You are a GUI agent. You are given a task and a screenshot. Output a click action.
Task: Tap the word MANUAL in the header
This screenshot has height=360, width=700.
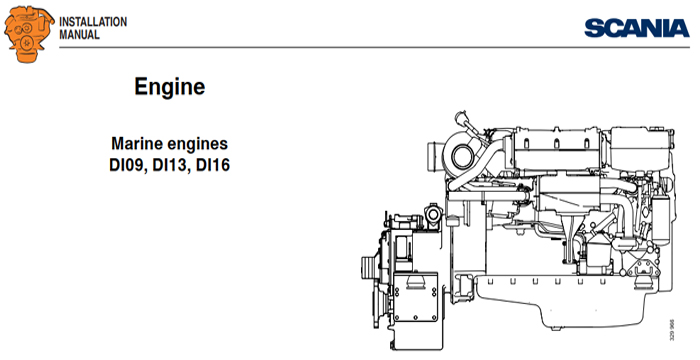point(80,33)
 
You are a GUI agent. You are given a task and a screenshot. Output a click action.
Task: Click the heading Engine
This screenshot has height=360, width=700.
point(170,87)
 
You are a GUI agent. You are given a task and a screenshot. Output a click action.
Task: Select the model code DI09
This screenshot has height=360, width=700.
point(127,165)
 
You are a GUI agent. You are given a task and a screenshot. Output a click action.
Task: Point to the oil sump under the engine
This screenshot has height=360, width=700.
point(560,300)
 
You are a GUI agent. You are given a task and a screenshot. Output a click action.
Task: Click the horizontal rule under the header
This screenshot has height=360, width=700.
point(350,48)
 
